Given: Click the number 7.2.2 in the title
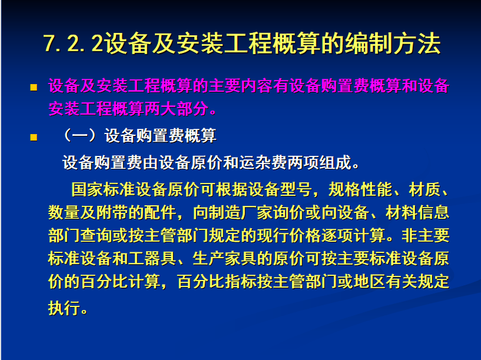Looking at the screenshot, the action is (73, 43).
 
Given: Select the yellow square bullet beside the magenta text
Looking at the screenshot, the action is (34, 87).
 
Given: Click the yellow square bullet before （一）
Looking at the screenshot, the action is (34, 137).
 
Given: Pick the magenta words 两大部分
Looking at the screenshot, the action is (177, 109).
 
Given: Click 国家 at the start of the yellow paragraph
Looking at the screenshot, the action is (87, 189).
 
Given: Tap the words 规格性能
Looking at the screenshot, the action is (360, 189).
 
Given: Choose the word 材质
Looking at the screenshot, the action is (425, 189).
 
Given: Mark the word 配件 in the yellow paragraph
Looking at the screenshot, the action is (161, 212).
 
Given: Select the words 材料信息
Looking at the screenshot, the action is (417, 212).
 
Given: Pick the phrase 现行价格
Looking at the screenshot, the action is (289, 236).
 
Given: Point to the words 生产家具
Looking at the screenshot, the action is (225, 259).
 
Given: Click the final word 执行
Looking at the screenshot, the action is (64, 308).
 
